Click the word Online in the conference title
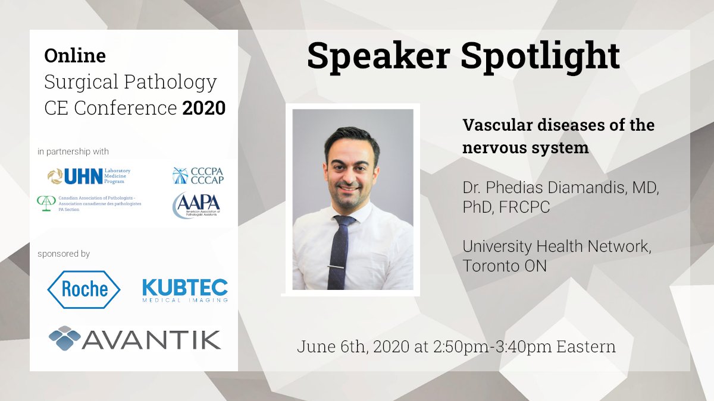(75, 56)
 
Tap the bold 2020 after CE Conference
(204, 108)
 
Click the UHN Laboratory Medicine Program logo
(89, 176)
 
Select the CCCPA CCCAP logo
(198, 175)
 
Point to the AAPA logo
(197, 205)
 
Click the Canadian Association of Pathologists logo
(89, 204)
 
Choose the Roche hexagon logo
(84, 289)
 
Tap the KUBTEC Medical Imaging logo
(185, 290)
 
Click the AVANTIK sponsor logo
(135, 339)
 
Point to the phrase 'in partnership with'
(73, 152)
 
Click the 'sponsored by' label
(64, 254)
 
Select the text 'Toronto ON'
(505, 266)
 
